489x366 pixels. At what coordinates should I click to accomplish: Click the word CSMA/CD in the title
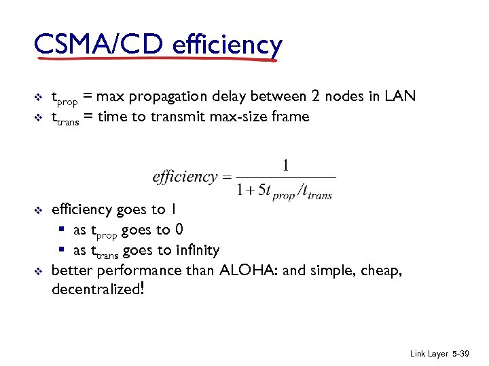(98, 45)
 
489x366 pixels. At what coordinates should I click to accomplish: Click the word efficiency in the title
(227, 45)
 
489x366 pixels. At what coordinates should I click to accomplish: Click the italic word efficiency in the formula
(185, 177)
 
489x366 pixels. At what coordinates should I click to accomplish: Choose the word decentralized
(94, 291)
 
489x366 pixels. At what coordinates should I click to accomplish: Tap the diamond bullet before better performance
(38, 272)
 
